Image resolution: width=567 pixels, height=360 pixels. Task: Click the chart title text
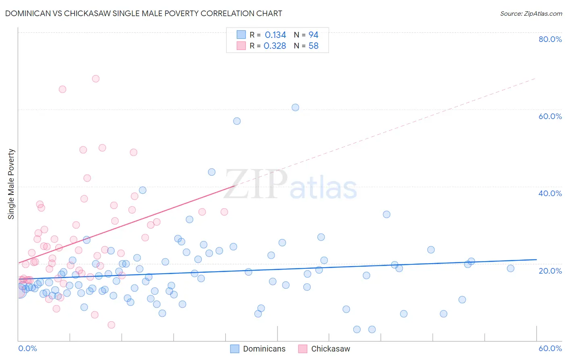click(144, 13)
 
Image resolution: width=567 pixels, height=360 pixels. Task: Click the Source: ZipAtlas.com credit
click(531, 13)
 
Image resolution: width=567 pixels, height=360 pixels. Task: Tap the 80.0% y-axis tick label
click(550, 39)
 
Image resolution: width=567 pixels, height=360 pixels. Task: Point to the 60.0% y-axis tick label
click(550, 116)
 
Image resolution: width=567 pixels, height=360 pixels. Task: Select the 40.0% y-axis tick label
click(550, 193)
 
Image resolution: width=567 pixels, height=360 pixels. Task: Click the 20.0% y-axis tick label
click(550, 270)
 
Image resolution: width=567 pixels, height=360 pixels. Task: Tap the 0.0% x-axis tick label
click(27, 348)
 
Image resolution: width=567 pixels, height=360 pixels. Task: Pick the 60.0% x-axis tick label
click(550, 348)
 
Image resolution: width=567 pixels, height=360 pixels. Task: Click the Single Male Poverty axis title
click(11, 184)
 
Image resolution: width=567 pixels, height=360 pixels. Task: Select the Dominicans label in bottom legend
click(264, 349)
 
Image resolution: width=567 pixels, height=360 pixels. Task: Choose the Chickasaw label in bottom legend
click(331, 349)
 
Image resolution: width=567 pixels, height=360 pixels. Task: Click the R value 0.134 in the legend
click(275, 35)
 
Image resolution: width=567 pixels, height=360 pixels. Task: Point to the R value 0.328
click(275, 46)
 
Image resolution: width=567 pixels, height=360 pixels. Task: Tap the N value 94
click(313, 35)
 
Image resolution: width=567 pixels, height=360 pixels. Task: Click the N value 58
click(313, 46)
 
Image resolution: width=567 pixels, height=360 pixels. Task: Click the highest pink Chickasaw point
click(96, 79)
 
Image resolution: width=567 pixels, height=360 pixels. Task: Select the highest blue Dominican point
click(295, 107)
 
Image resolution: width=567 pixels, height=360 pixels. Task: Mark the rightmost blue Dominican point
click(511, 268)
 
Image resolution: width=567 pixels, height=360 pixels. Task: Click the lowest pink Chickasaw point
click(111, 325)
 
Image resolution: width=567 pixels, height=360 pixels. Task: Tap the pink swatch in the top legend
click(241, 46)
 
